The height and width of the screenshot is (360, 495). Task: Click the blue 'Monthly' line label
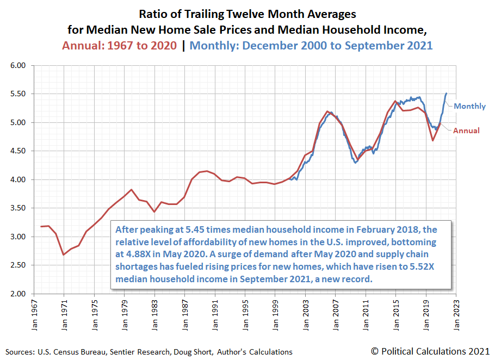[469, 106]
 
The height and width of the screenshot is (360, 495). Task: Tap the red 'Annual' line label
[466, 131]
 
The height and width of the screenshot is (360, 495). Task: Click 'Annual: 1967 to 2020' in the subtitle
[119, 46]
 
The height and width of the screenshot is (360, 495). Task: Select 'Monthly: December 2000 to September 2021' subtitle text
[311, 46]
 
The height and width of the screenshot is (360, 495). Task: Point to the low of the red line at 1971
[64, 255]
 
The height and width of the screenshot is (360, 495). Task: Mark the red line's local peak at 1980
[131, 190]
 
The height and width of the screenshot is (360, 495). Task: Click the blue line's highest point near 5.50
[447, 94]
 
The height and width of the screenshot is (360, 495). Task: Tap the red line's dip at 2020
[433, 140]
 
